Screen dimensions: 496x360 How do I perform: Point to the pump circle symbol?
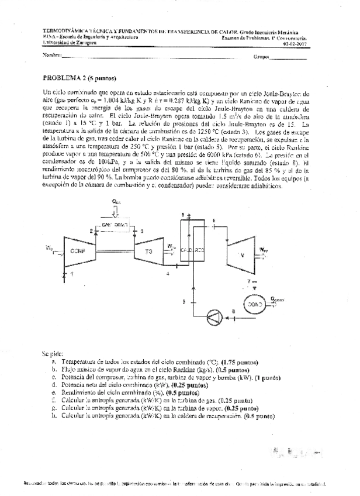click(x=210, y=318)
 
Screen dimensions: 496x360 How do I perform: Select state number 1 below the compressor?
click(x=72, y=274)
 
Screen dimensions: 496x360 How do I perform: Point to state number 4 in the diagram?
click(x=168, y=274)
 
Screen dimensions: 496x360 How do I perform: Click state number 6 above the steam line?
click(x=214, y=221)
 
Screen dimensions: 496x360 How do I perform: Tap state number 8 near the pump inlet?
click(x=234, y=311)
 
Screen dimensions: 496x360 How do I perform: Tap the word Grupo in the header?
click(x=260, y=57)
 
